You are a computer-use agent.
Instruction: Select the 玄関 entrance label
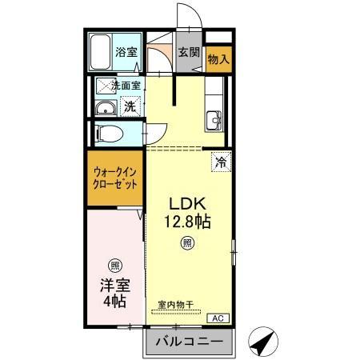(x=188, y=54)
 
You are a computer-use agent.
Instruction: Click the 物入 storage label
(x=218, y=58)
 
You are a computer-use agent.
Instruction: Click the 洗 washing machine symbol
(x=129, y=106)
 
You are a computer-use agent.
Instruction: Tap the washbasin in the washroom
(x=102, y=110)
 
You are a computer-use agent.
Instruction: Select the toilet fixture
(x=106, y=132)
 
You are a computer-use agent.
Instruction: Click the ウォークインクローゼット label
(x=114, y=177)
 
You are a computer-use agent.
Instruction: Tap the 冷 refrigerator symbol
(x=222, y=162)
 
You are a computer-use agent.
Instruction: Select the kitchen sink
(x=214, y=120)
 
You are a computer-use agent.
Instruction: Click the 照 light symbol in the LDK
(x=186, y=242)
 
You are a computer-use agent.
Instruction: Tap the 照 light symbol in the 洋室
(x=114, y=265)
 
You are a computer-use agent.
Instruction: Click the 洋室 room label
(x=114, y=285)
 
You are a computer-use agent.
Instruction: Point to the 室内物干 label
(x=176, y=304)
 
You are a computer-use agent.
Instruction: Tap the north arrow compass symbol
(x=262, y=342)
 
